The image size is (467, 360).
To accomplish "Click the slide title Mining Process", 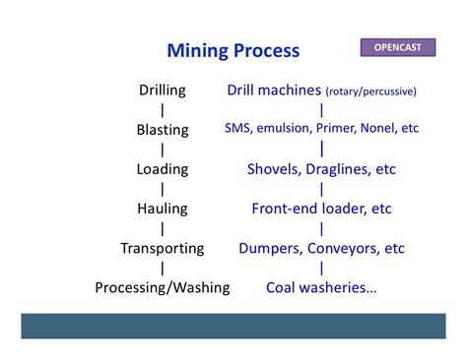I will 233,50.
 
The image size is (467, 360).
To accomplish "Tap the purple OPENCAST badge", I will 400,46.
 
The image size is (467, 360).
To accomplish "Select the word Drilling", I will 162,90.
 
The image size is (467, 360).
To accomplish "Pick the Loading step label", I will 162,169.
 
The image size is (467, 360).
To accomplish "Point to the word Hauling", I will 162,209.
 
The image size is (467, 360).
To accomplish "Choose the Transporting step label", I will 162,248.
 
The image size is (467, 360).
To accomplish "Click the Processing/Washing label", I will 162,287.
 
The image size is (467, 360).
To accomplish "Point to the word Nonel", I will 379,129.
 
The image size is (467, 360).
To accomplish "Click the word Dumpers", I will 270,248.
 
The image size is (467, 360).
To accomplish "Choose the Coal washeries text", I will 321,287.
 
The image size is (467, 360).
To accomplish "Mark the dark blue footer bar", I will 233,326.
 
